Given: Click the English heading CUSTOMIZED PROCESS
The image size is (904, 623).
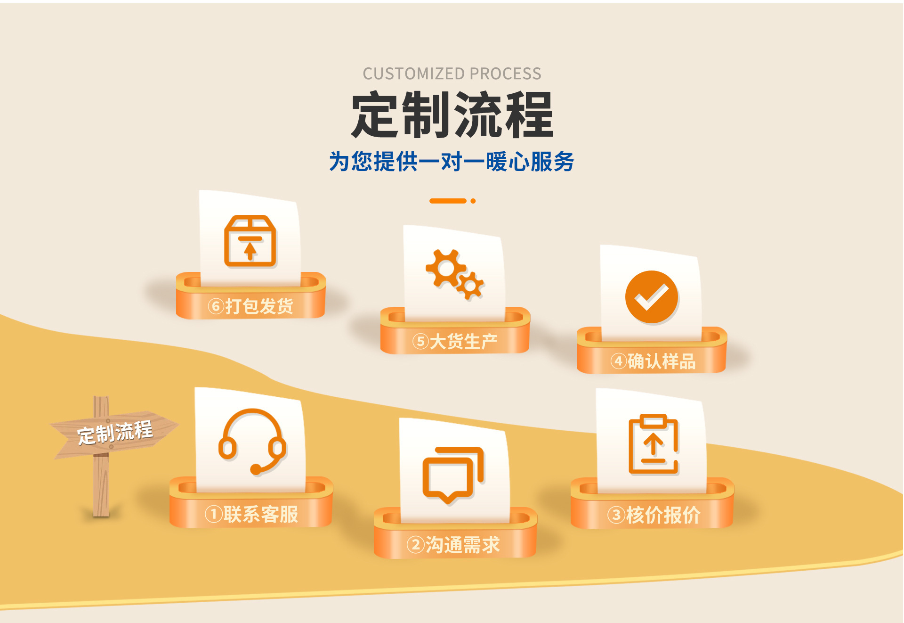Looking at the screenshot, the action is point(452,74).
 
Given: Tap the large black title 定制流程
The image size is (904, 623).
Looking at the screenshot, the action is point(452,115).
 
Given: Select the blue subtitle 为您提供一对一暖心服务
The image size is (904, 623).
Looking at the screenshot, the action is point(452,162).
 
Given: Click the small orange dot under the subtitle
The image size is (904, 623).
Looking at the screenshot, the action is point(473,201).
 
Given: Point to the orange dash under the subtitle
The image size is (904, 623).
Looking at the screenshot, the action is point(447,201).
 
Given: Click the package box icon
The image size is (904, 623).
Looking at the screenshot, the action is point(250,241).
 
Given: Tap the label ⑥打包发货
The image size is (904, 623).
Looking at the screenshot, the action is point(250,306).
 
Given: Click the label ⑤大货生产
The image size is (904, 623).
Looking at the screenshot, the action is point(455,341).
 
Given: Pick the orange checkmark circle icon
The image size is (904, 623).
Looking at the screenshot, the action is point(651,297).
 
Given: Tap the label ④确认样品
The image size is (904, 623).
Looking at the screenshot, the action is point(653,361).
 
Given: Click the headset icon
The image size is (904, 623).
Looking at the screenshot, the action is point(252,441).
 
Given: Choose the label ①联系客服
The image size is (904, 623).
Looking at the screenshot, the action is point(251,514).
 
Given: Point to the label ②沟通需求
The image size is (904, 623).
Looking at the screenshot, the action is point(453,545).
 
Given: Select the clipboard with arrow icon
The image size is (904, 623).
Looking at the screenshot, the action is point(654,444).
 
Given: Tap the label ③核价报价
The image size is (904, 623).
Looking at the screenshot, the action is point(654,515).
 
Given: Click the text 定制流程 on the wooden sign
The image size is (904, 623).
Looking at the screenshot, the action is point(115,432).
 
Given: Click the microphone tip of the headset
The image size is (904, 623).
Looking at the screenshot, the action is point(256,469).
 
